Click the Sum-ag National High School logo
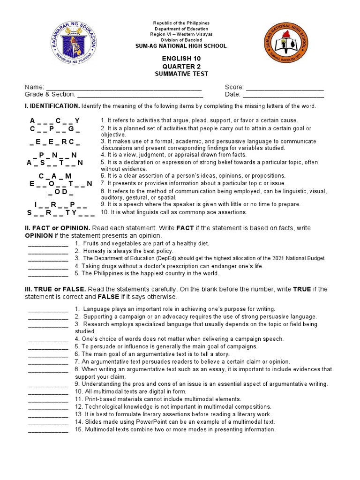(286, 45)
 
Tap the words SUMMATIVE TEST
(181, 74)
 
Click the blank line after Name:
(124, 88)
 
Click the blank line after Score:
(285, 88)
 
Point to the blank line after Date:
(283, 95)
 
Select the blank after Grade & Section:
(136, 95)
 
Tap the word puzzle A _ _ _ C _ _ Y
(55, 121)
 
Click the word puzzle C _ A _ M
(55, 176)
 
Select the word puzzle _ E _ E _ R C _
(55, 142)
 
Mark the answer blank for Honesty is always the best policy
(48, 251)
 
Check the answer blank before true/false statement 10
(48, 392)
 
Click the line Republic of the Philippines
(181, 23)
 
